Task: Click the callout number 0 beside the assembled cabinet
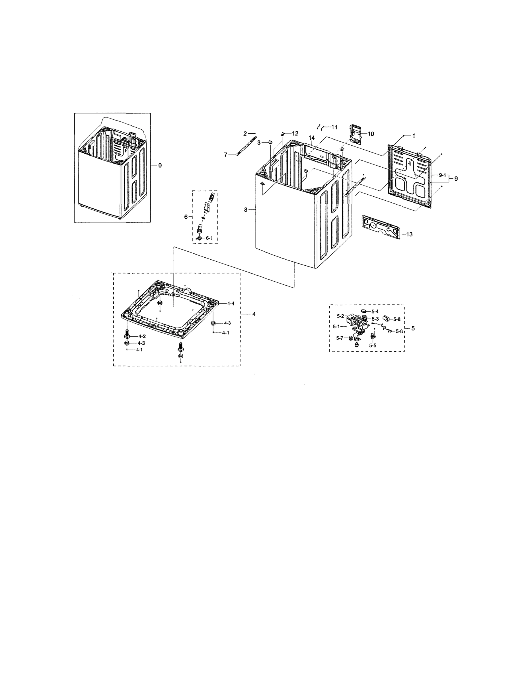[160, 165]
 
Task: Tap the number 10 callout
[371, 134]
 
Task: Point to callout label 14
[312, 138]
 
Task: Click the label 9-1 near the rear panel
[442, 175]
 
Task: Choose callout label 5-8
[397, 319]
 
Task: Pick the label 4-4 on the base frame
[231, 304]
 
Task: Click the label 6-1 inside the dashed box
[209, 238]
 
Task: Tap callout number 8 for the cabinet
[246, 210]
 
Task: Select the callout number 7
[225, 155]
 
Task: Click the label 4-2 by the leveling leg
[142, 336]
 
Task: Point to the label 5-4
[375, 312]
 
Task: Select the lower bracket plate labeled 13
[380, 225]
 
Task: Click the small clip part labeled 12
[282, 134]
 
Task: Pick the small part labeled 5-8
[386, 319]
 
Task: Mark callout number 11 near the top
[334, 127]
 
